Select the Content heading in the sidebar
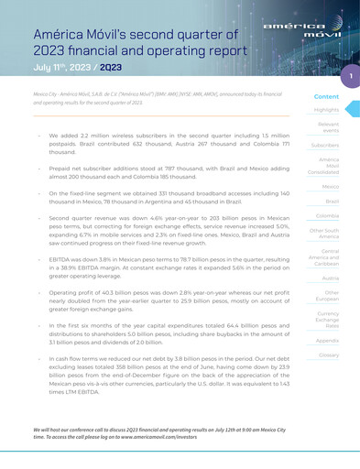pyautogui.click(x=326, y=96)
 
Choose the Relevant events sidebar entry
pyautogui.click(x=327, y=127)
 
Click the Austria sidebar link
pyautogui.click(x=331, y=277)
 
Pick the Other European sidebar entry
pyautogui.click(x=327, y=296)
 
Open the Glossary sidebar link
pyautogui.click(x=327, y=354)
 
